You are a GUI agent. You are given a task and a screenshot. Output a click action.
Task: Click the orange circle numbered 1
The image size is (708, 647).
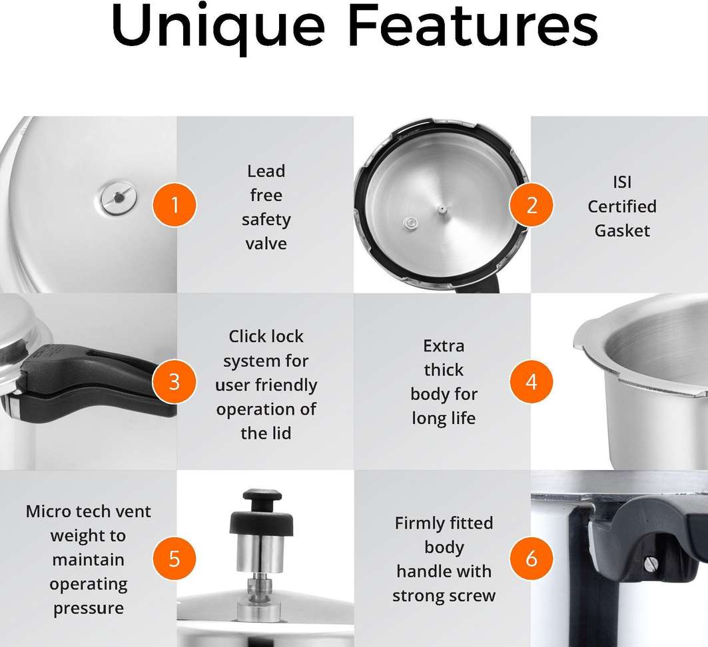pos(175,205)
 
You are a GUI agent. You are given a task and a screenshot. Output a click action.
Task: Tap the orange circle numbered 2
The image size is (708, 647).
pos(531,205)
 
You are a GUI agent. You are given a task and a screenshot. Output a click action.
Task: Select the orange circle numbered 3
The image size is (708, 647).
pos(175,381)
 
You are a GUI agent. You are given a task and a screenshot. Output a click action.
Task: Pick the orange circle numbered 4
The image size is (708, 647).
pos(531,381)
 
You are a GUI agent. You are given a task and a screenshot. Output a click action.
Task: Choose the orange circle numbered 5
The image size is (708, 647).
pos(175,558)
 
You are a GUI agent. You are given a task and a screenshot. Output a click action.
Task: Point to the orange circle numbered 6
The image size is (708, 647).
pos(531,558)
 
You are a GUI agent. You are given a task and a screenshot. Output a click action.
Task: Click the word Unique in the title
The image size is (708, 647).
pos(218,27)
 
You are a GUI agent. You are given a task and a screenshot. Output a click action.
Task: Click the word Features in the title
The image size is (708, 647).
pos(473,25)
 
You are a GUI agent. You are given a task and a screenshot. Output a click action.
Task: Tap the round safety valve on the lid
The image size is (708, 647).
pos(119,198)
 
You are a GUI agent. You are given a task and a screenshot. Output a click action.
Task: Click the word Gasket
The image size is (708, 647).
pos(622,230)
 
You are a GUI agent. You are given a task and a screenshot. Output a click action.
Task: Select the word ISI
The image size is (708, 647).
pos(622,182)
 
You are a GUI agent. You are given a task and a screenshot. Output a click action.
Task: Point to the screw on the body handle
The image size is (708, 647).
pos(649,564)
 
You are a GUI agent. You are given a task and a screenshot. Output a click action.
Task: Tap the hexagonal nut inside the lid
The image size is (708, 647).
pos(410,223)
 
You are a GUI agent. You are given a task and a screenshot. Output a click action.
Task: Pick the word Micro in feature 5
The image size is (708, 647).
pos(47,511)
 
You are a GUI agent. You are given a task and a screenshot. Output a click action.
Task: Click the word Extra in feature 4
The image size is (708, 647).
pos(444,345)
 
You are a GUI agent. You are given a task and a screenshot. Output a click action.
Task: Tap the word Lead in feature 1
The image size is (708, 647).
pos(266,171)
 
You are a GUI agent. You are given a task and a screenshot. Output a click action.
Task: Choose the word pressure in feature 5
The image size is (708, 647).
pos(89,608)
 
